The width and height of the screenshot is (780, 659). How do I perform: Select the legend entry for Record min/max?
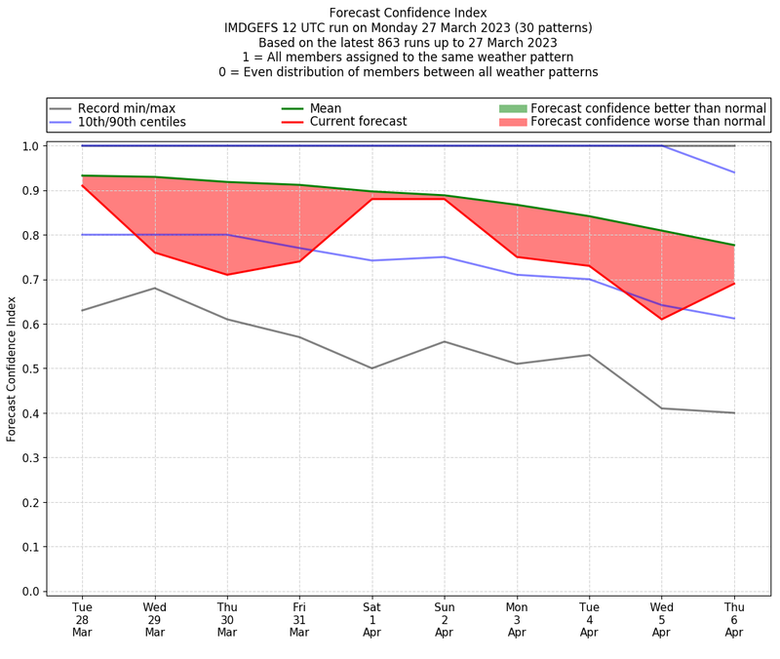(127, 108)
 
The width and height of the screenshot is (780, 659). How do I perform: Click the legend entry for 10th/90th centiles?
(132, 123)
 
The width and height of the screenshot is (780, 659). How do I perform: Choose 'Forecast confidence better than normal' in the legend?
(648, 108)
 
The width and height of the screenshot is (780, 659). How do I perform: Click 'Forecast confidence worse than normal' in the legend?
(648, 123)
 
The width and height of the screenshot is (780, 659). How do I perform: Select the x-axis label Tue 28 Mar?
(82, 620)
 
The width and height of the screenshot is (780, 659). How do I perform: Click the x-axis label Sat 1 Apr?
(371, 620)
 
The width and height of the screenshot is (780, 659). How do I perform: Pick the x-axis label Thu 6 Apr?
(734, 620)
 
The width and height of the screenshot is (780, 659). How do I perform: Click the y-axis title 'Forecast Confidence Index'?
(13, 368)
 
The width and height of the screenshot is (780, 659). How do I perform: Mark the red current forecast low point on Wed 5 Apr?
(662, 319)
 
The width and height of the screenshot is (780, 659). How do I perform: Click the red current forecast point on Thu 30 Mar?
(227, 275)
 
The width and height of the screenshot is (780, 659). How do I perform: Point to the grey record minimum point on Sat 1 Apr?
(371, 368)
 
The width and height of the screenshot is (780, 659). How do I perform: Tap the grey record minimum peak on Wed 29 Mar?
(154, 288)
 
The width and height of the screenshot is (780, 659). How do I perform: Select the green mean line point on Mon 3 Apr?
(517, 205)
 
